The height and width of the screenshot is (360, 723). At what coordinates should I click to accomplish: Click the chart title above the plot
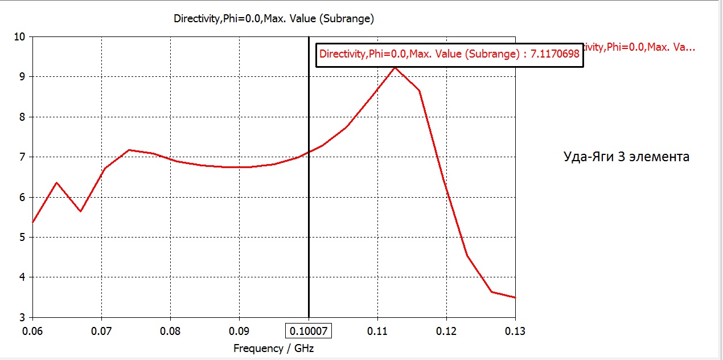tap(273, 18)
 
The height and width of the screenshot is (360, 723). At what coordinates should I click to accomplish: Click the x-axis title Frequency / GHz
tap(273, 348)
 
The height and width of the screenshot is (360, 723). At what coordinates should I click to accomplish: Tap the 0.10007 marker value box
tap(308, 331)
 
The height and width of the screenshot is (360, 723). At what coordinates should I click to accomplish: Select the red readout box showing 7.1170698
tap(449, 55)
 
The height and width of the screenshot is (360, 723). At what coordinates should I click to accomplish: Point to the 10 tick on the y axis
tap(20, 36)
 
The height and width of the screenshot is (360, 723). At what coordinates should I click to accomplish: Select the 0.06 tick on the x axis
tap(32, 331)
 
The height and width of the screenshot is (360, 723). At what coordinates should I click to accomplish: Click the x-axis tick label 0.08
tap(170, 331)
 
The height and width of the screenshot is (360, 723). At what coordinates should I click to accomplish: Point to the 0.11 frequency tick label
tap(377, 331)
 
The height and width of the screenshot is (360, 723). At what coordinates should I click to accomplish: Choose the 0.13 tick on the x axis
tap(515, 331)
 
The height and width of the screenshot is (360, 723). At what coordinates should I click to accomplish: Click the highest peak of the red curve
tap(395, 67)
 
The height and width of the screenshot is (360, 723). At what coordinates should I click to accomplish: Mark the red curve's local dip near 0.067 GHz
tap(80, 211)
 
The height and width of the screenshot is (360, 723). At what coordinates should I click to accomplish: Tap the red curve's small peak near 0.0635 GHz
tap(56, 183)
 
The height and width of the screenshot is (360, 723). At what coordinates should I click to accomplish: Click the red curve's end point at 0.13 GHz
tap(515, 297)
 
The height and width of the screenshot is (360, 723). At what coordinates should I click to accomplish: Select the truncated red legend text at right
tap(640, 47)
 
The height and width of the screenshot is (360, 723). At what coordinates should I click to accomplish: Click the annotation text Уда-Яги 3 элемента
tap(626, 157)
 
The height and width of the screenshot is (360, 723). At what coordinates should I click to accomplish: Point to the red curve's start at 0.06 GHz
tap(33, 222)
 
